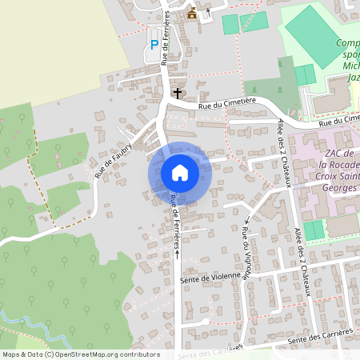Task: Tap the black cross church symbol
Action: point(177,93)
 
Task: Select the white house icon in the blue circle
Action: point(180,173)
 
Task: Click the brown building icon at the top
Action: point(192,13)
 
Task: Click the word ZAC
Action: point(334,153)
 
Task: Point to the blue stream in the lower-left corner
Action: point(32,323)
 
